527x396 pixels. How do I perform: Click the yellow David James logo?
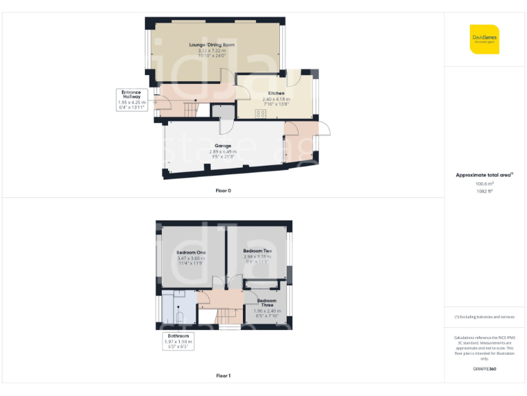coord(484,39)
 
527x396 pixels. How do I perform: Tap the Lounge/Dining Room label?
coord(212,45)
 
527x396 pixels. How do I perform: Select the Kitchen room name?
coord(277,93)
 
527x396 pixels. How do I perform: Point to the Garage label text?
coord(222,146)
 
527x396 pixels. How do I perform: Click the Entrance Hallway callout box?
coord(131,99)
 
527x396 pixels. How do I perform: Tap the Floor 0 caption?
coord(223,190)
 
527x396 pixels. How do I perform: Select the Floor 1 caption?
coord(223,376)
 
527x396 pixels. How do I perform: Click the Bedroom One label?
coord(191,252)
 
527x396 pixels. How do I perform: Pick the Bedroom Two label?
coord(257,252)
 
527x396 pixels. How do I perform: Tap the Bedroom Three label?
coord(267,302)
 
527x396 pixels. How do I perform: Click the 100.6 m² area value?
coord(484,184)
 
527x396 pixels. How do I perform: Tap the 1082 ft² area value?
coord(484,191)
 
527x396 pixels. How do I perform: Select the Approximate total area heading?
coord(484,175)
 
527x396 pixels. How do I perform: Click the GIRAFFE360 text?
coord(484,369)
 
